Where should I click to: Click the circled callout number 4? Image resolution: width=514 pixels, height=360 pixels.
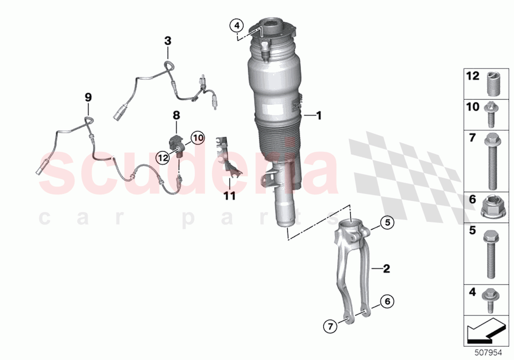[x=236, y=24]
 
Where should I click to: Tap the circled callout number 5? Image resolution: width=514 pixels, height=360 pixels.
[x=387, y=223]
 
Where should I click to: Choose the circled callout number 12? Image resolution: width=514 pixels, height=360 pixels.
[x=163, y=157]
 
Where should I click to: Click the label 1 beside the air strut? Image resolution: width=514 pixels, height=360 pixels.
[x=319, y=116]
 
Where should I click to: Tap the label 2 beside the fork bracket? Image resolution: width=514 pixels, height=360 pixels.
[x=386, y=268]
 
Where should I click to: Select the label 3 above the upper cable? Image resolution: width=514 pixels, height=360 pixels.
[x=167, y=41]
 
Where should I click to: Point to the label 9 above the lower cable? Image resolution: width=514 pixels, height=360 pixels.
[x=88, y=97]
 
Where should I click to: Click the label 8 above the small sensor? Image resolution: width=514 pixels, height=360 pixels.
[x=176, y=116]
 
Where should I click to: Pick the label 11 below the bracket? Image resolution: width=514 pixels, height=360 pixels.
[x=230, y=196]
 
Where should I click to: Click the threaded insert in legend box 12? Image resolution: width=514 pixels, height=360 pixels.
[x=492, y=84]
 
